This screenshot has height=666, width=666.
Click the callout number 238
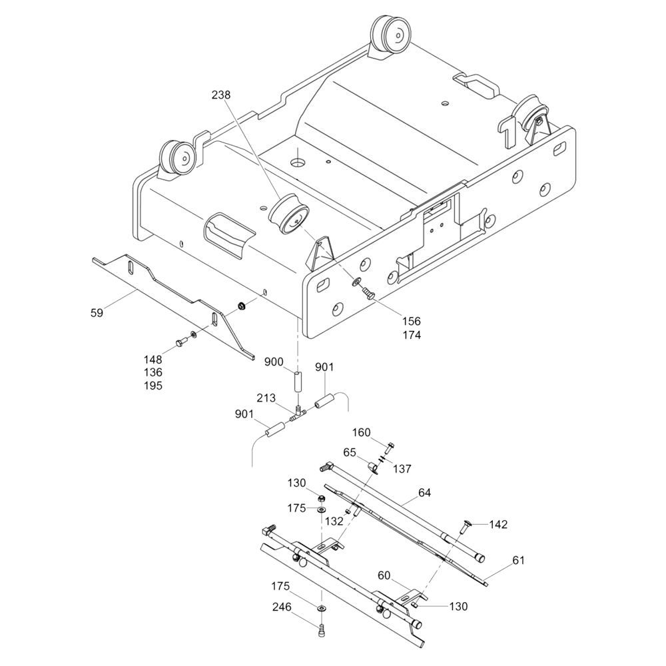221,95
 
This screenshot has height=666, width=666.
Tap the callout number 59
97,313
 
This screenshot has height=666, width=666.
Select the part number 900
274,362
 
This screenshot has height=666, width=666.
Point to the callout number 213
266,398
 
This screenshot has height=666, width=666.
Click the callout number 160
362,432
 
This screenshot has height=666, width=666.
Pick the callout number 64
424,492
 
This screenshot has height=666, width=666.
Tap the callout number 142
498,525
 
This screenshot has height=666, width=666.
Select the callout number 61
518,560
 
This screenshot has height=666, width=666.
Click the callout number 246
282,607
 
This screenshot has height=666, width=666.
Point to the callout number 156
411,321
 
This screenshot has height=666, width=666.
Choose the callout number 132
334,521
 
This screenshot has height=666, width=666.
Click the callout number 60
384,575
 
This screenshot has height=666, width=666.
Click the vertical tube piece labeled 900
298,382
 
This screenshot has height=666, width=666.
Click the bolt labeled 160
390,448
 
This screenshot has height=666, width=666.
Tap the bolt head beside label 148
180,342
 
